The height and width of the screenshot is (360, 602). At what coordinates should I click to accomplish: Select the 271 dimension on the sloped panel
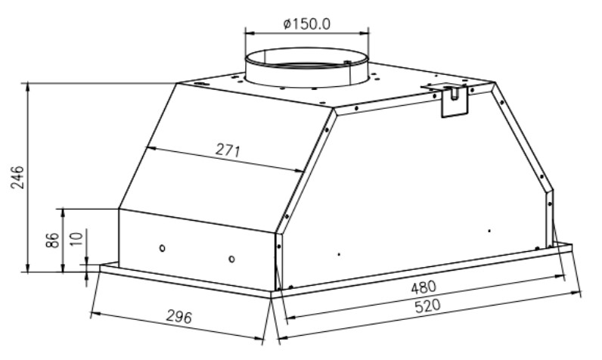pyautogui.click(x=227, y=151)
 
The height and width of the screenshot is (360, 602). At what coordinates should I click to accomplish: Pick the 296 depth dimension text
pyautogui.click(x=178, y=318)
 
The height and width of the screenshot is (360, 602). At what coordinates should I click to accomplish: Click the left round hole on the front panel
pyautogui.click(x=162, y=249)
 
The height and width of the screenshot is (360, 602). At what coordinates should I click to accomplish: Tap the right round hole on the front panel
pyautogui.click(x=231, y=259)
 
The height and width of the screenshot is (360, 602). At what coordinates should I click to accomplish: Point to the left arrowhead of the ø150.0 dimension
pyautogui.click(x=247, y=33)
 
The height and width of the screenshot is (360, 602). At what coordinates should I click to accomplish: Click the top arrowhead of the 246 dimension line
pyautogui.click(x=29, y=86)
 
